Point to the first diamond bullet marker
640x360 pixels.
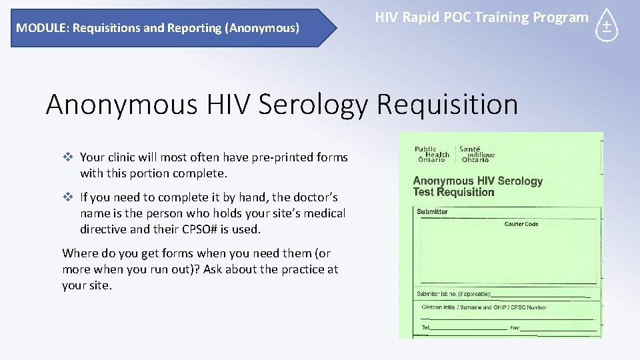pyautogui.click(x=67, y=157)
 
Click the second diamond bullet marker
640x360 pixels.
pyautogui.click(x=67, y=197)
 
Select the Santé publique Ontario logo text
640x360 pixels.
pyautogui.click(x=477, y=155)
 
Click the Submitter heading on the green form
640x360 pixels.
pyautogui.click(x=433, y=212)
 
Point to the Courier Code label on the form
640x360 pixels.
pyautogui.click(x=521, y=225)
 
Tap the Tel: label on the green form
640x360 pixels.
pyautogui.click(x=426, y=327)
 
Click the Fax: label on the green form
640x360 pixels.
pyautogui.click(x=515, y=327)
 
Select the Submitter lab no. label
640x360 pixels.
pyautogui.click(x=454, y=293)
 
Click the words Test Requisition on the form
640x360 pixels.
pyautogui.click(x=454, y=193)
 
